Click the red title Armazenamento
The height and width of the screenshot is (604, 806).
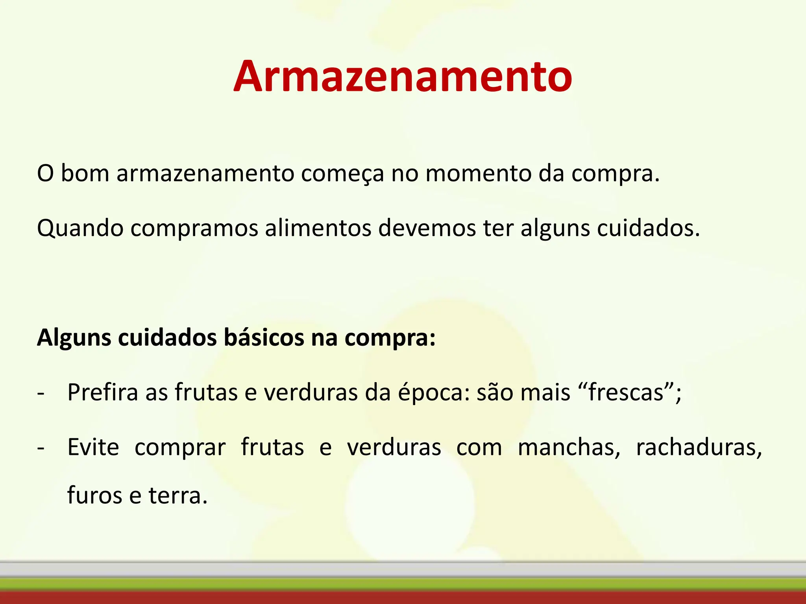click(403, 77)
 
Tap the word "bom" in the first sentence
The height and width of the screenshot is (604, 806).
click(85, 173)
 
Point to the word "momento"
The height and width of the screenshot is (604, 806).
click(478, 173)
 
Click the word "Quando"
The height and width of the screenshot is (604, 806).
click(80, 228)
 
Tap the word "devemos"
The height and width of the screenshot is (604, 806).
click(427, 228)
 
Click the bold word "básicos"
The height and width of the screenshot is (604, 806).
click(264, 337)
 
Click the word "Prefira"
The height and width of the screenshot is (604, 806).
click(103, 392)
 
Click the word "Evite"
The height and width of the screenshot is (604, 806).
click(93, 447)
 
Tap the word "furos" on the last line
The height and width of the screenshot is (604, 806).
click(95, 495)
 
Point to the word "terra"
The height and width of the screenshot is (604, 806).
click(177, 495)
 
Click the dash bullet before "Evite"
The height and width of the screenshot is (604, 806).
click(41, 448)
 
